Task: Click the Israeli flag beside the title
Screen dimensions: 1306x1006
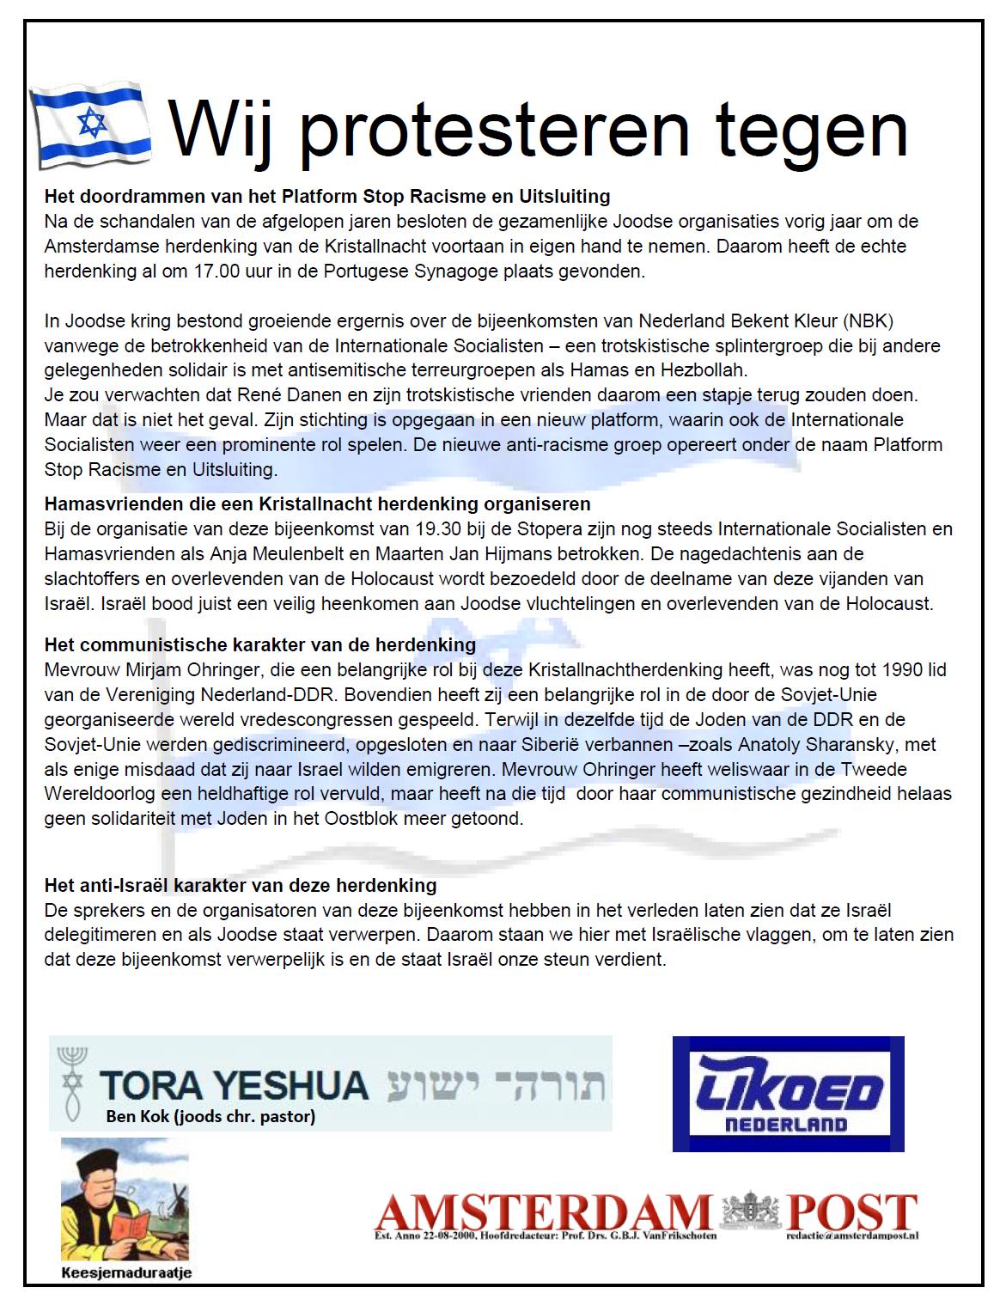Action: (89, 126)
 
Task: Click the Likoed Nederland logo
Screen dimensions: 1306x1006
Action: (788, 1094)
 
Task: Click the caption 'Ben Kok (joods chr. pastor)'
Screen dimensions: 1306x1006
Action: (210, 1117)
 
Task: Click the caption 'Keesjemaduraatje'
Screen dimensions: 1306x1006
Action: (125, 1272)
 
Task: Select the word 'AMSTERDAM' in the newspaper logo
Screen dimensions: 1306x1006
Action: (543, 1213)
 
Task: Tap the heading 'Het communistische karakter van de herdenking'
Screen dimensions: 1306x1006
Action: (259, 644)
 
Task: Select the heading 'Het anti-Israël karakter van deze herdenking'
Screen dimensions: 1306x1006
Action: (241, 885)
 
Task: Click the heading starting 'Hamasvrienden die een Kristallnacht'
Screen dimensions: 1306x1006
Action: (317, 503)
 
